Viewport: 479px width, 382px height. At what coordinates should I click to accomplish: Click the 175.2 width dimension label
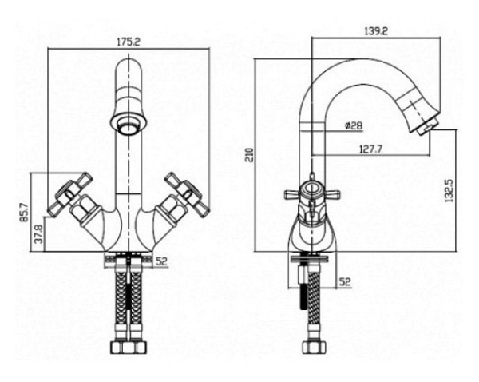point(129,42)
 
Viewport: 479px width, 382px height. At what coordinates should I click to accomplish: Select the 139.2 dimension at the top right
point(376,31)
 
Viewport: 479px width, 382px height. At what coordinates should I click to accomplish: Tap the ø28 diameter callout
point(353,125)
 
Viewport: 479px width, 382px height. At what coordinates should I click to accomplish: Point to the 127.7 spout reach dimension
point(371,149)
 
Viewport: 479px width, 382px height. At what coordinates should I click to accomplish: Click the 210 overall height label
point(251,155)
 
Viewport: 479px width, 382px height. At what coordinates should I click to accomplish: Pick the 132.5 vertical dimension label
point(449,191)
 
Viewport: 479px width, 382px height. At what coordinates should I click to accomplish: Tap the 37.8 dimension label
point(39,234)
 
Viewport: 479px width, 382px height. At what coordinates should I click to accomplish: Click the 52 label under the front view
point(162,261)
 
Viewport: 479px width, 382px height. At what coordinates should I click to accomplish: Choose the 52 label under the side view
point(344,281)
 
